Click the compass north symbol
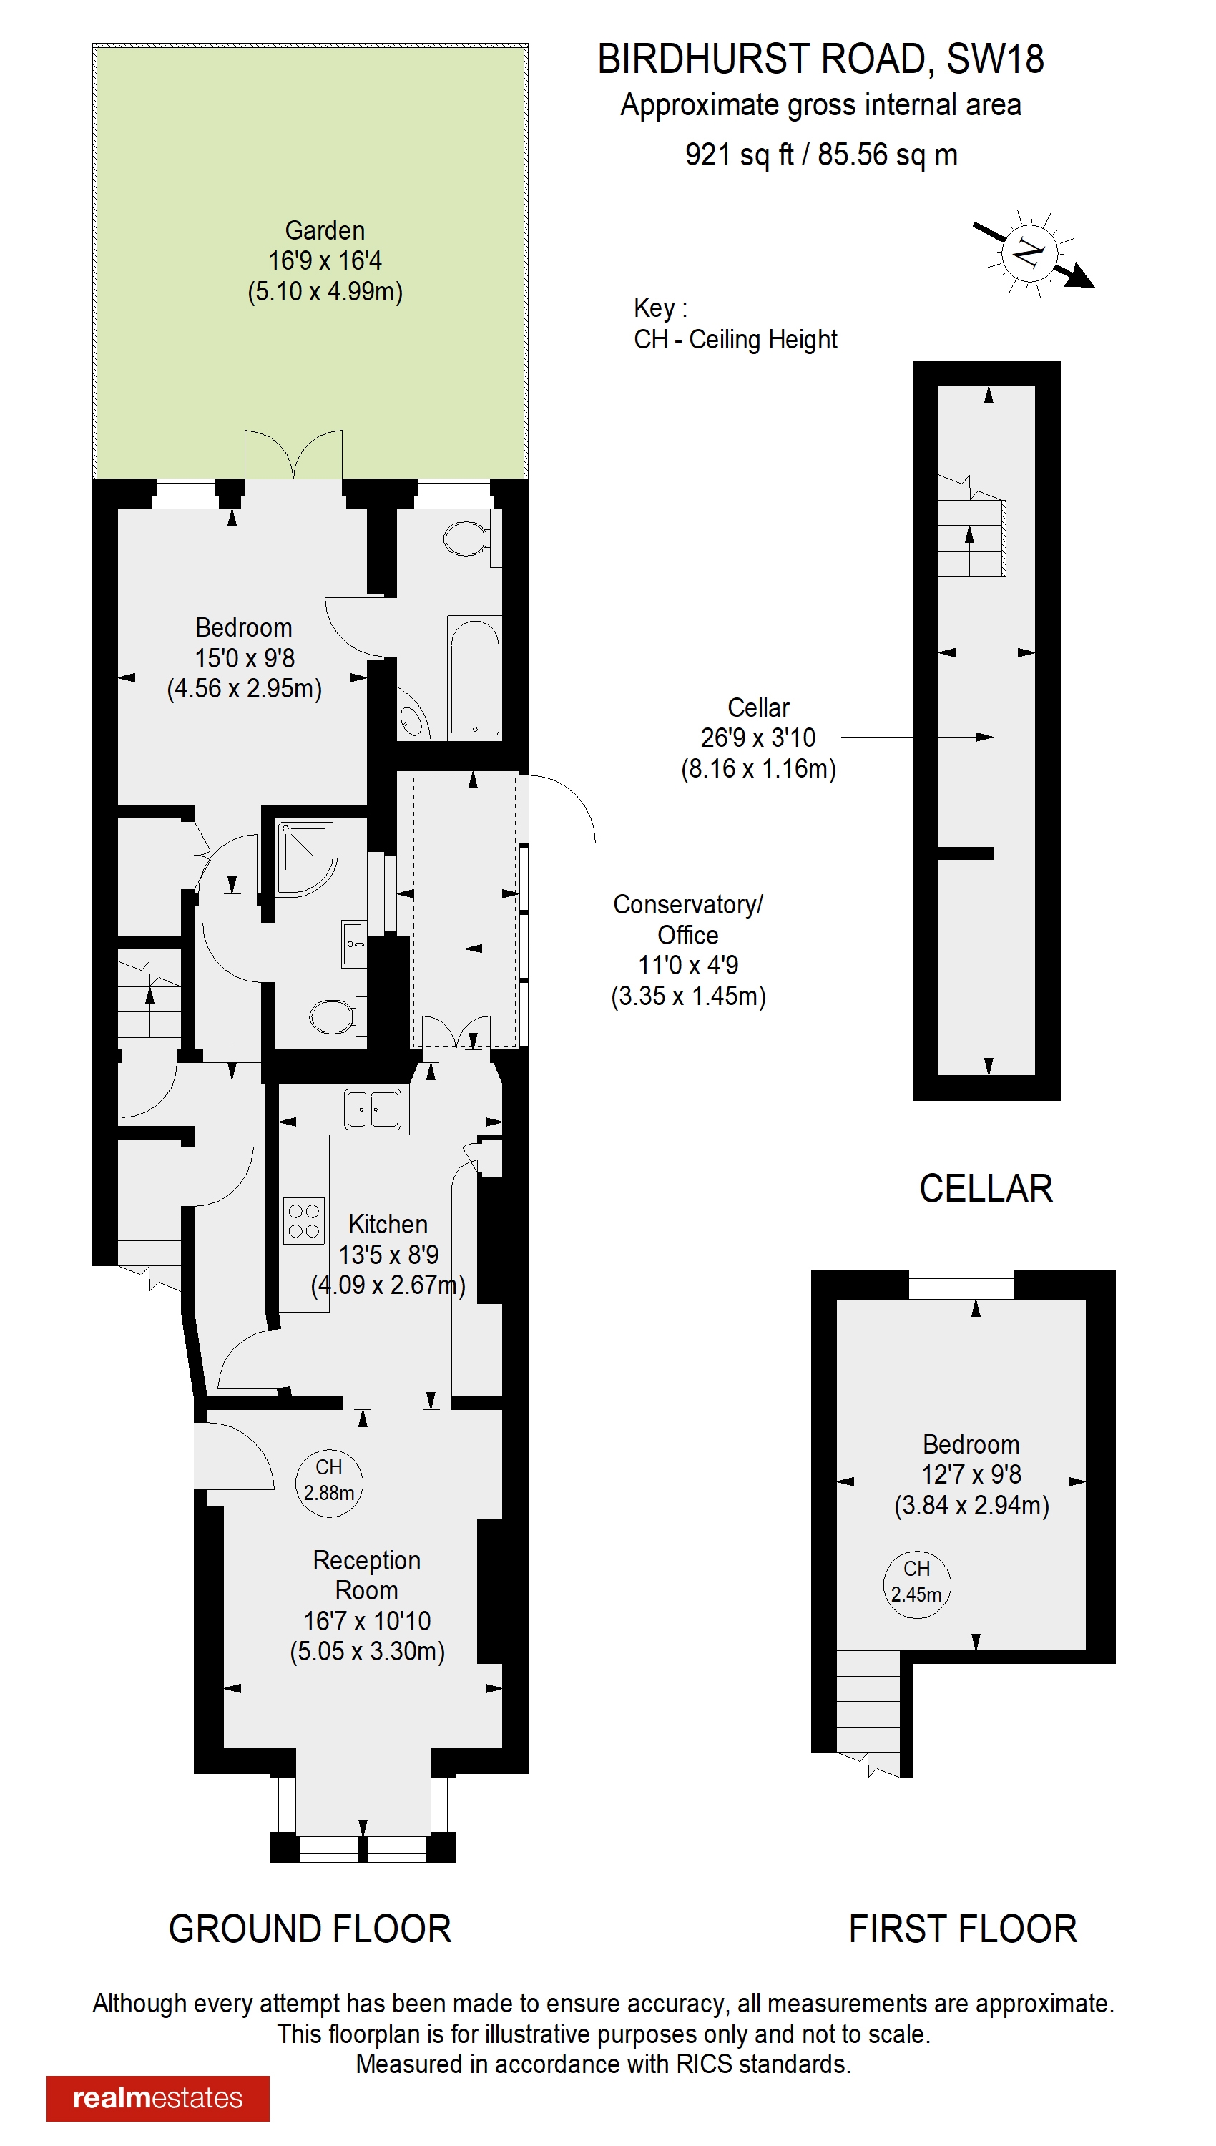coord(1031,251)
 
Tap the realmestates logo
coord(158,2097)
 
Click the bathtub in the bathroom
coord(474,677)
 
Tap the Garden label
coord(325,230)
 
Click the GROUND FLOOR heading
coord(310,1929)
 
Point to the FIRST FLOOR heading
coord(962,1929)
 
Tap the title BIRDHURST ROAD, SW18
coord(820,59)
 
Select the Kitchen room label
coord(388,1224)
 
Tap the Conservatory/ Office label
coord(687,919)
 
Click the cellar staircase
coord(971,537)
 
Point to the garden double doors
coord(293,456)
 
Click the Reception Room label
coord(367,1575)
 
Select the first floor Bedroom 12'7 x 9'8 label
coord(971,1444)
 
